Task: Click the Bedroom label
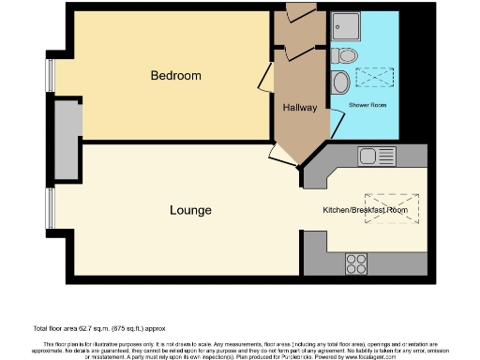click(x=175, y=75)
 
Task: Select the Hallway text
click(x=299, y=108)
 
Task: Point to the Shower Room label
click(x=368, y=106)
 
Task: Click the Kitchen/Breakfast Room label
click(x=365, y=210)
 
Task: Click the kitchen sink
click(x=378, y=156)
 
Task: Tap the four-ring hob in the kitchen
click(x=357, y=260)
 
